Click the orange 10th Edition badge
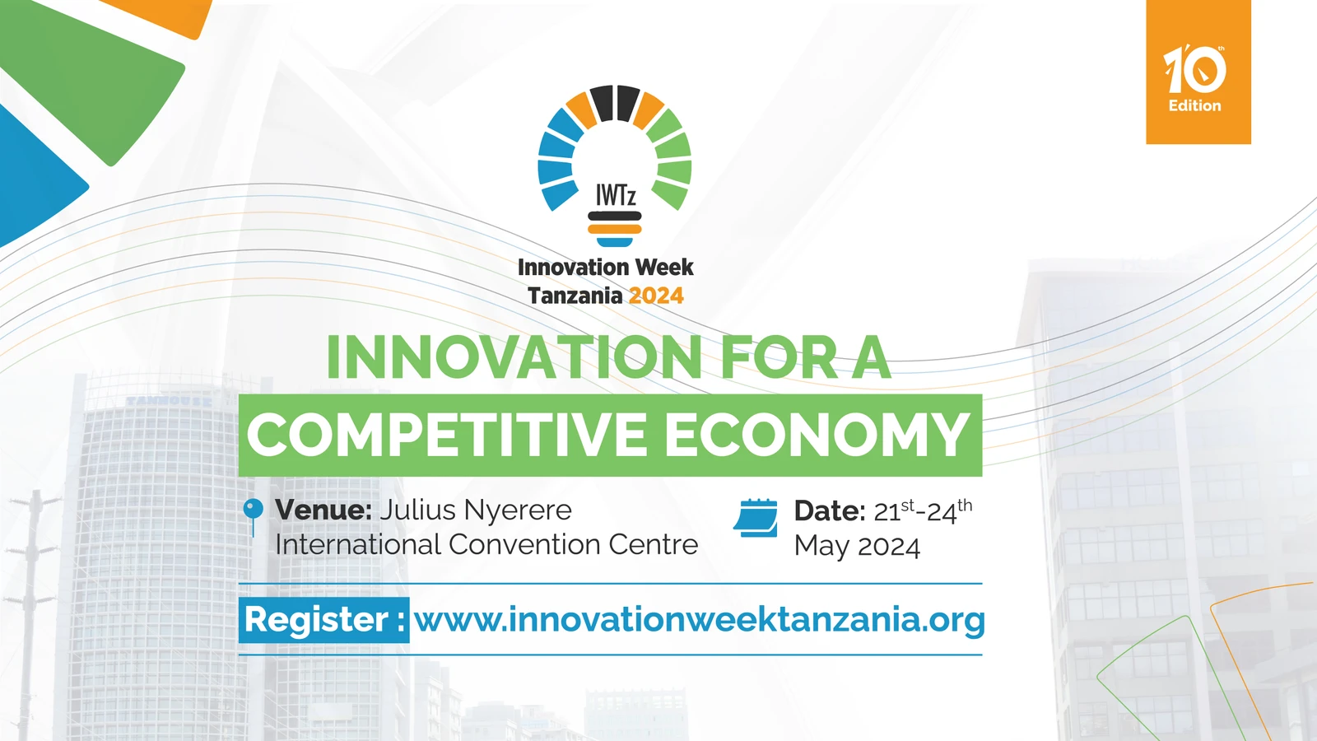1198,72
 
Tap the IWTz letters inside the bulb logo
616,196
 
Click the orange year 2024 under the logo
656,296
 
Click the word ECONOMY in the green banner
817,435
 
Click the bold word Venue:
323,510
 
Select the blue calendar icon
756,518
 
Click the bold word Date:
829,511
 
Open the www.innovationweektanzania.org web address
699,620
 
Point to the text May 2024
857,547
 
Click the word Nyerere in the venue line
518,510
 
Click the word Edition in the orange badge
1195,105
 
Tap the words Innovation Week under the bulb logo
605,268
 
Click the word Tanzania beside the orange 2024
575,296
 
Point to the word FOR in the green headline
779,358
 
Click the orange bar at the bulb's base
615,229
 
